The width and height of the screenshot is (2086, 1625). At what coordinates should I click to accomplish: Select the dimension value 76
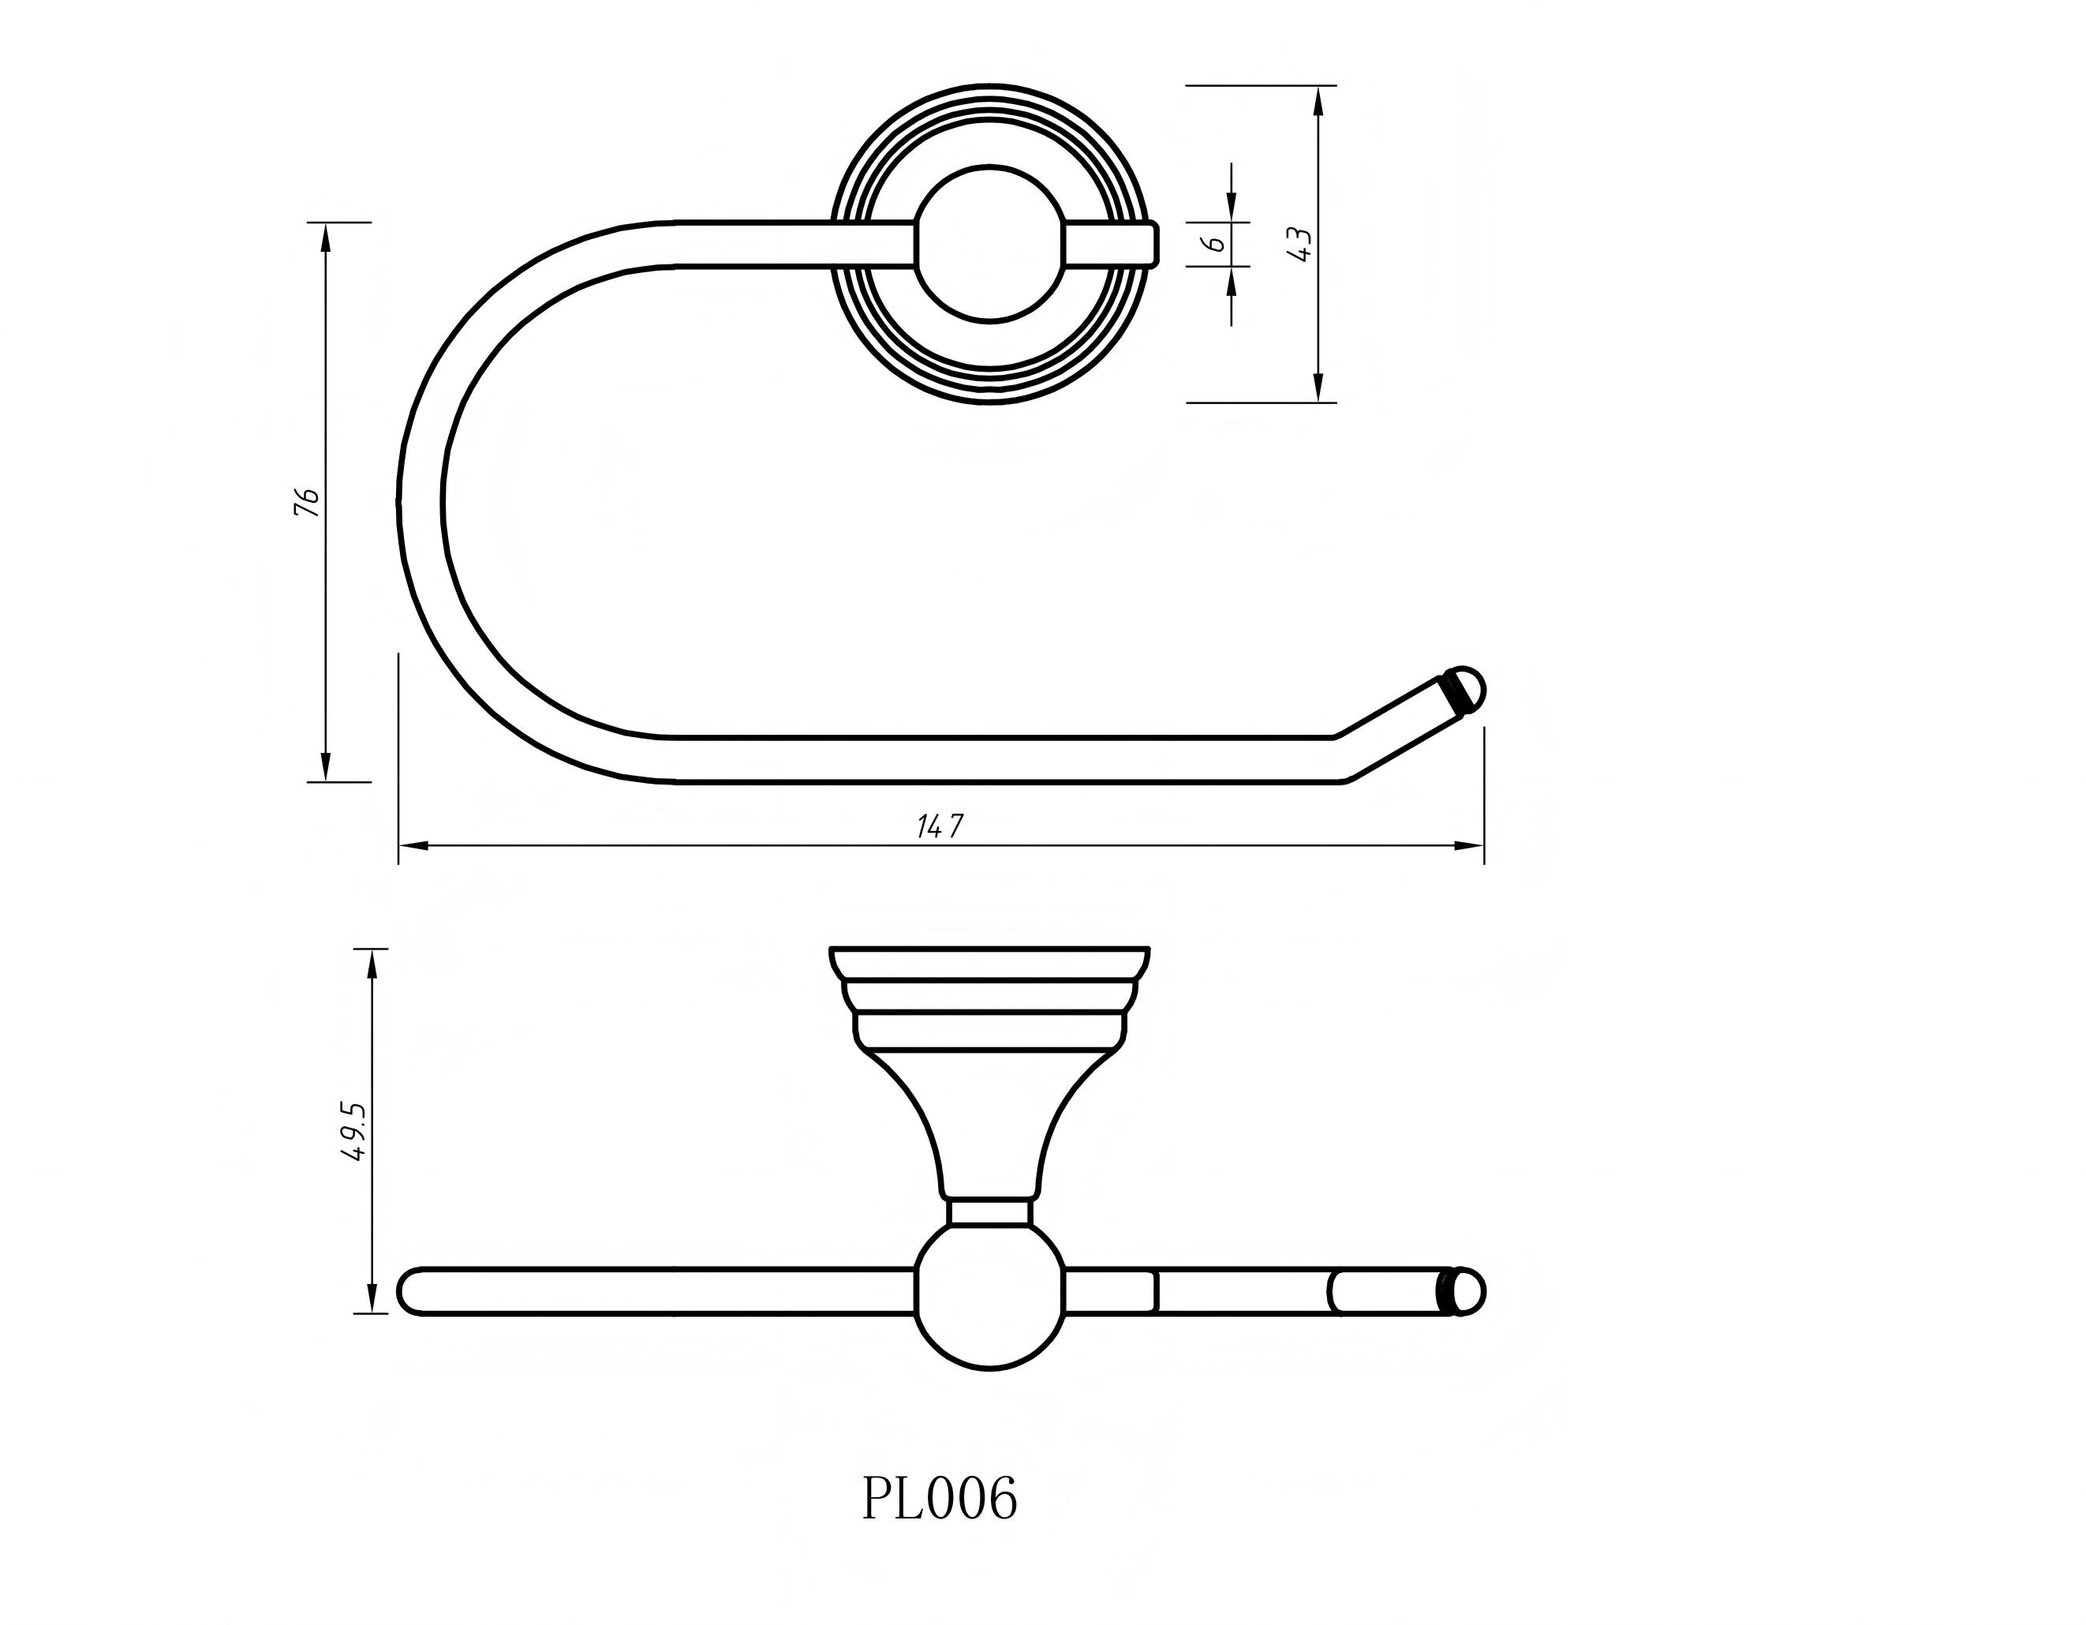(305, 501)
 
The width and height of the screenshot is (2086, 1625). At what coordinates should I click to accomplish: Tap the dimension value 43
(1300, 245)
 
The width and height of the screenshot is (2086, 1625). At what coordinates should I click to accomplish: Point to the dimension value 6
(1216, 245)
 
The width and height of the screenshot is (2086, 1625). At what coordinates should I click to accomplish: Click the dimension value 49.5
(353, 1131)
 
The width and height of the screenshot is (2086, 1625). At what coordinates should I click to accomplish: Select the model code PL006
(939, 1498)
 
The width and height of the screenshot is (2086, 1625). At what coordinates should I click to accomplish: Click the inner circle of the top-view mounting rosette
(989, 244)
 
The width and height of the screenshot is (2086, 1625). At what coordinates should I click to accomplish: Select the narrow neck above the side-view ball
(989, 1212)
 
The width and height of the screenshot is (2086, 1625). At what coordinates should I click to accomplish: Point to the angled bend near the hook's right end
(1342, 759)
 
